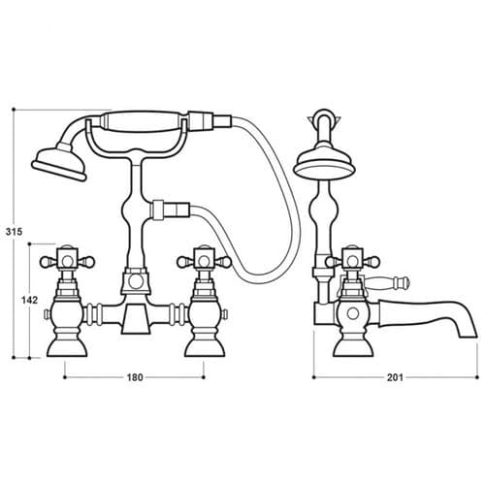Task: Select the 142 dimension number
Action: [x=29, y=301]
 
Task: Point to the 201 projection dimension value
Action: [x=394, y=378]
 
